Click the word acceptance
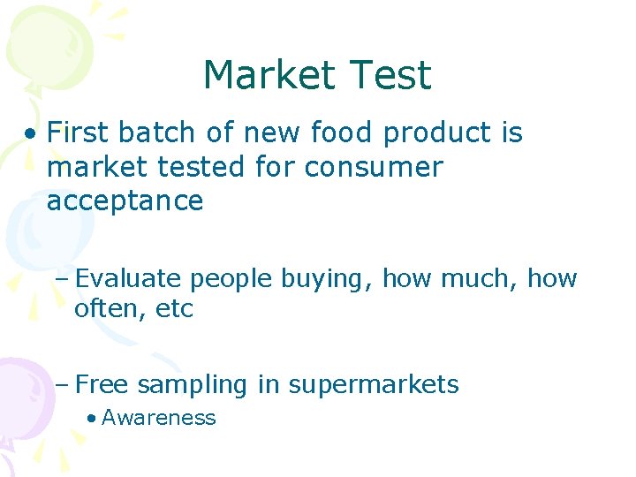tap(125, 201)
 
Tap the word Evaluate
tap(130, 279)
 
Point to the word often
tap(103, 310)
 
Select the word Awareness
tap(158, 418)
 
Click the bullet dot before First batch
tap(32, 134)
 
